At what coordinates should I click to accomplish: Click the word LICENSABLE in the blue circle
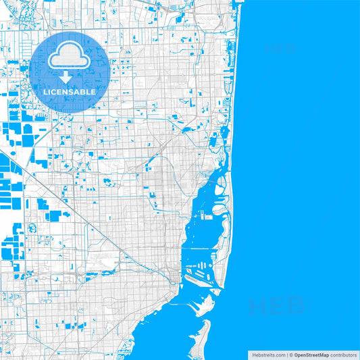(x=70, y=91)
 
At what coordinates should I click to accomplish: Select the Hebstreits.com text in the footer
(x=267, y=355)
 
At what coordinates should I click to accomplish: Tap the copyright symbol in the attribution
(x=291, y=355)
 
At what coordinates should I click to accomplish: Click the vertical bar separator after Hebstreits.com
(x=286, y=355)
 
